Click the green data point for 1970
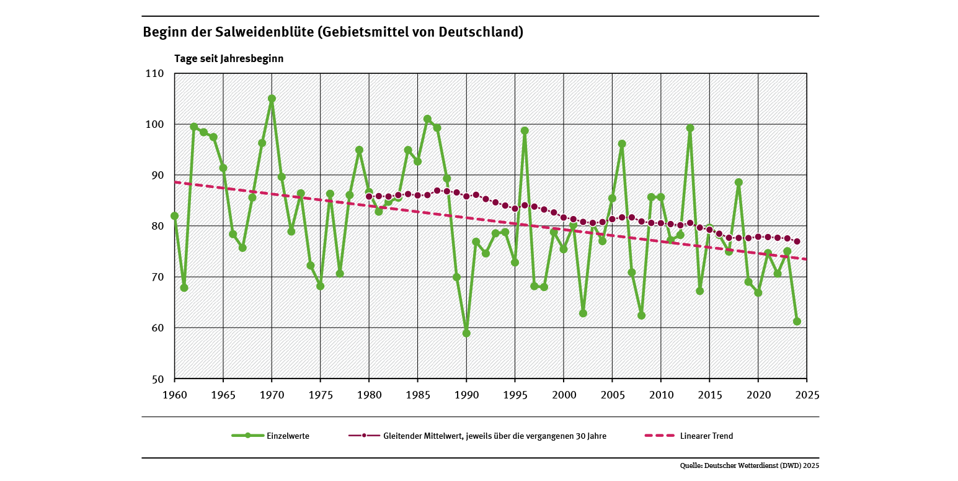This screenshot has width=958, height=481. pos(272,99)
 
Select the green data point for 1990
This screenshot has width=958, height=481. pos(466,333)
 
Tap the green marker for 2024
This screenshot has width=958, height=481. pos(797,321)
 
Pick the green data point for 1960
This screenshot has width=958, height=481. pos(174,216)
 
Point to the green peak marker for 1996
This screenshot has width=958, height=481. pos(525,131)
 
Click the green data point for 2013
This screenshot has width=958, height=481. pos(690,128)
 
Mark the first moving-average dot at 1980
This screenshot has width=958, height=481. pos(369,197)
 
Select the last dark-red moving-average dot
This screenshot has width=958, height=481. pos(797,241)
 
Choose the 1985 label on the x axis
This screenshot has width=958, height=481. pos(417,394)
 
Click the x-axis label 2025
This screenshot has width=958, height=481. pos(806,394)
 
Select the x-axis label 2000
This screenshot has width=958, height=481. pos(563,394)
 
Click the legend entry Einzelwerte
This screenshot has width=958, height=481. pos(288,436)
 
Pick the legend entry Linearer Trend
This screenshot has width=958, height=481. pos(706,436)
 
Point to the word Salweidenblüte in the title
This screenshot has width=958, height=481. pos(263,32)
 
